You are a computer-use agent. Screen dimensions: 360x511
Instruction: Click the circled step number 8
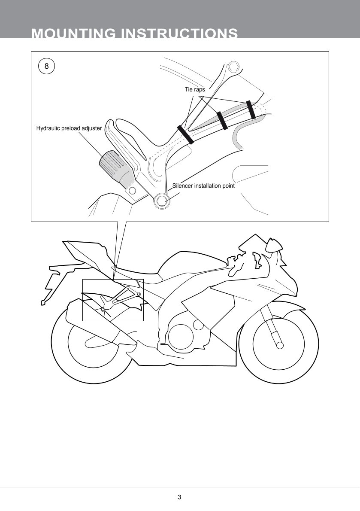46,66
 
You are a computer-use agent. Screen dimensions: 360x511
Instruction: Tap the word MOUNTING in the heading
73,33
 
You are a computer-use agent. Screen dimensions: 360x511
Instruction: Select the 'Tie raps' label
195,89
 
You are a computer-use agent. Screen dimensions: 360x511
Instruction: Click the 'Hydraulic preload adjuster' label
69,128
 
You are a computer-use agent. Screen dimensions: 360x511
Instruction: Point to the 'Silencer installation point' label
203,186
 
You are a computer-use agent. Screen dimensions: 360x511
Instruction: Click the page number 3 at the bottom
179,497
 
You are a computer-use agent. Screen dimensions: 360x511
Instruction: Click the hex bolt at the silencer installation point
162,201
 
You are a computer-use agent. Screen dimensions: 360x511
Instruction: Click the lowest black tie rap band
185,134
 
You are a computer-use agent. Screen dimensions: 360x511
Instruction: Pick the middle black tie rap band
222,120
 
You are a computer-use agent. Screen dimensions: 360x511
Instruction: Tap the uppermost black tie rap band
251,110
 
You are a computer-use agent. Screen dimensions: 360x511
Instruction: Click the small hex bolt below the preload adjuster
132,190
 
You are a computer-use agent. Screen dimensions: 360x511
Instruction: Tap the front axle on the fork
280,345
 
